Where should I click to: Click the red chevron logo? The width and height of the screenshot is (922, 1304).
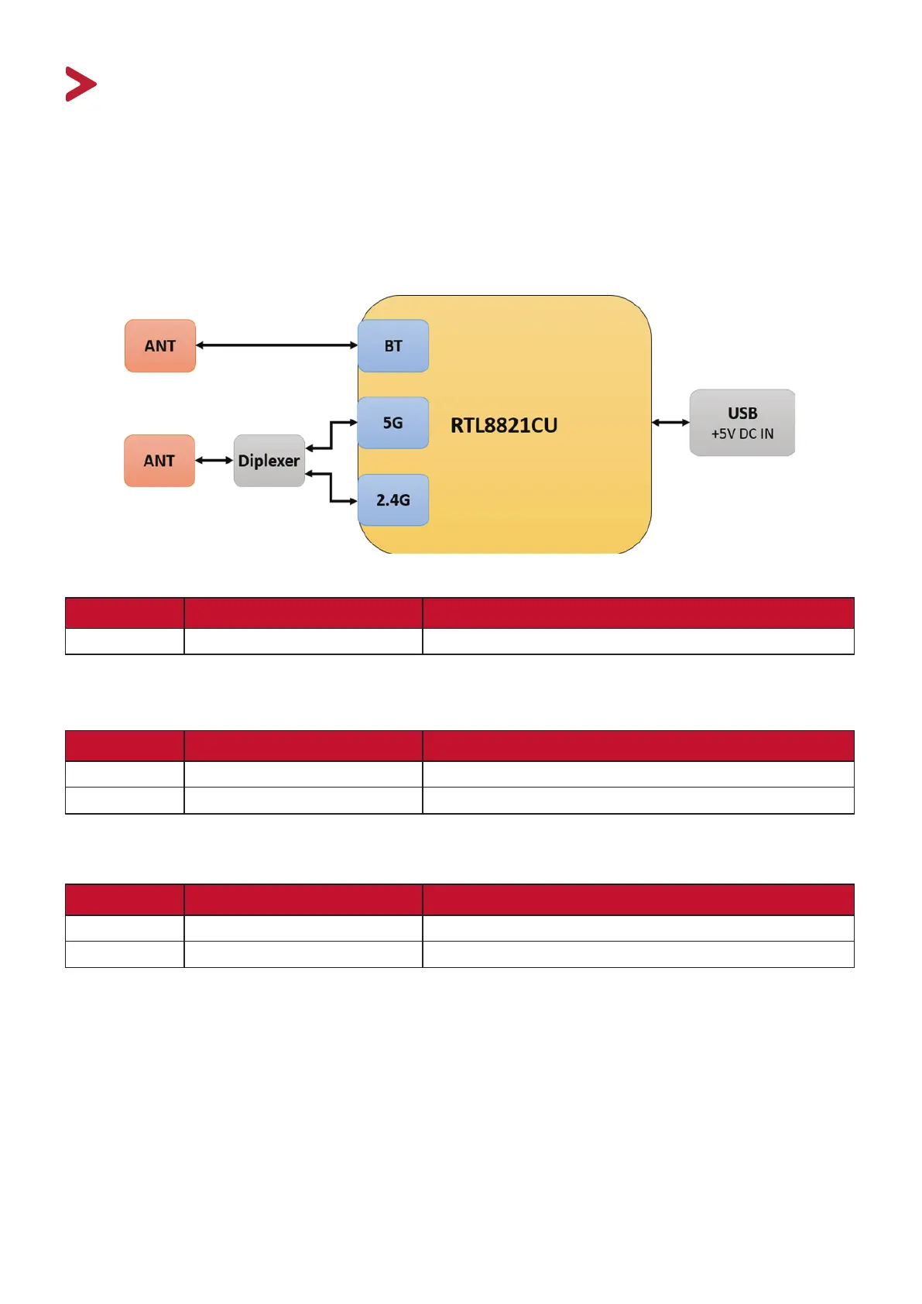pos(81,84)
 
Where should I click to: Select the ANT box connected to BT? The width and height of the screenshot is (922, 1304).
pos(160,346)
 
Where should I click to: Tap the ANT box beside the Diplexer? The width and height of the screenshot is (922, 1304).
pos(159,461)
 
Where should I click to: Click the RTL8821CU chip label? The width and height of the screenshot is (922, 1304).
pos(504,425)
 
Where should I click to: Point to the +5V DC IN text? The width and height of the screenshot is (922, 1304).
pos(742,434)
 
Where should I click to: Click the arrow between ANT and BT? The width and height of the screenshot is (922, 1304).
pos(276,345)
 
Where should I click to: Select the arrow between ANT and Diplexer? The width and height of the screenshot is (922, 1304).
pos(214,461)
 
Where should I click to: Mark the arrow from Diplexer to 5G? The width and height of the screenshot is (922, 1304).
pos(331,434)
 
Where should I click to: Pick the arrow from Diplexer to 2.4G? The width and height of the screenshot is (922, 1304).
pos(331,488)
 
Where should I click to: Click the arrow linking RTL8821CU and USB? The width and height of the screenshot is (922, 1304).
pos(670,423)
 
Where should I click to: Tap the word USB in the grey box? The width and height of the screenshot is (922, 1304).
pos(742,414)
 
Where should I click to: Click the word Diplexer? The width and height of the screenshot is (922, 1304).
pos(269,461)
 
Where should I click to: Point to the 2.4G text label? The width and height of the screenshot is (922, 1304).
pos(393,500)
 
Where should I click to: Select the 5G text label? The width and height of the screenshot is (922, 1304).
pos(393,423)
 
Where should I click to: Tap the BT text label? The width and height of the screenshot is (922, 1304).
pos(393,346)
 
